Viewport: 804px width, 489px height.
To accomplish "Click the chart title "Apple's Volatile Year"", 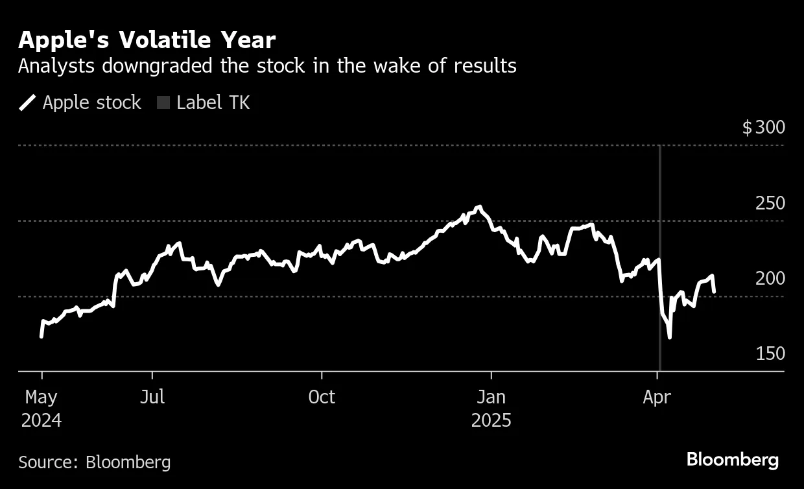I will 147,40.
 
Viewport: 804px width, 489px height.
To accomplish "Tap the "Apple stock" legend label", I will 91,102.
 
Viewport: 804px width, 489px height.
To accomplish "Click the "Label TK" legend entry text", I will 213,102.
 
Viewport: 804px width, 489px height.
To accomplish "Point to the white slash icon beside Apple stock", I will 28,102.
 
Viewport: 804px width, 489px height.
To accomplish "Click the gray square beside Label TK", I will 163,102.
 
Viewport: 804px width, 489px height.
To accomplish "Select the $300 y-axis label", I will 763,127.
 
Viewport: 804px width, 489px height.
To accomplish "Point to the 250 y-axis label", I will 770,203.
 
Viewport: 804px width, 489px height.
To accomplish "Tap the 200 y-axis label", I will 770,278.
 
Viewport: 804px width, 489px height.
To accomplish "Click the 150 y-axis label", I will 770,353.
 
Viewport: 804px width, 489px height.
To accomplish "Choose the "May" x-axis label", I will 41,397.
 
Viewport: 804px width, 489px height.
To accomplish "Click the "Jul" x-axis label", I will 152,397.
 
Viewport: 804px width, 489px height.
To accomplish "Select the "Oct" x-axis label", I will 322,397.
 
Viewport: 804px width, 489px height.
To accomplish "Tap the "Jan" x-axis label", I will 491,397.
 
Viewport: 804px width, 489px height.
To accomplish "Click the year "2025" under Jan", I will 491,420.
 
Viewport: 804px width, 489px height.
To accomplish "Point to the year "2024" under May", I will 41,420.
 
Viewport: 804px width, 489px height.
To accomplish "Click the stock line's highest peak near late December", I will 479,207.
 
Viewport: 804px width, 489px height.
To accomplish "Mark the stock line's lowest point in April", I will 669,337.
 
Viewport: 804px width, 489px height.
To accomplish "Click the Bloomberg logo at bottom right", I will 733,460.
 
